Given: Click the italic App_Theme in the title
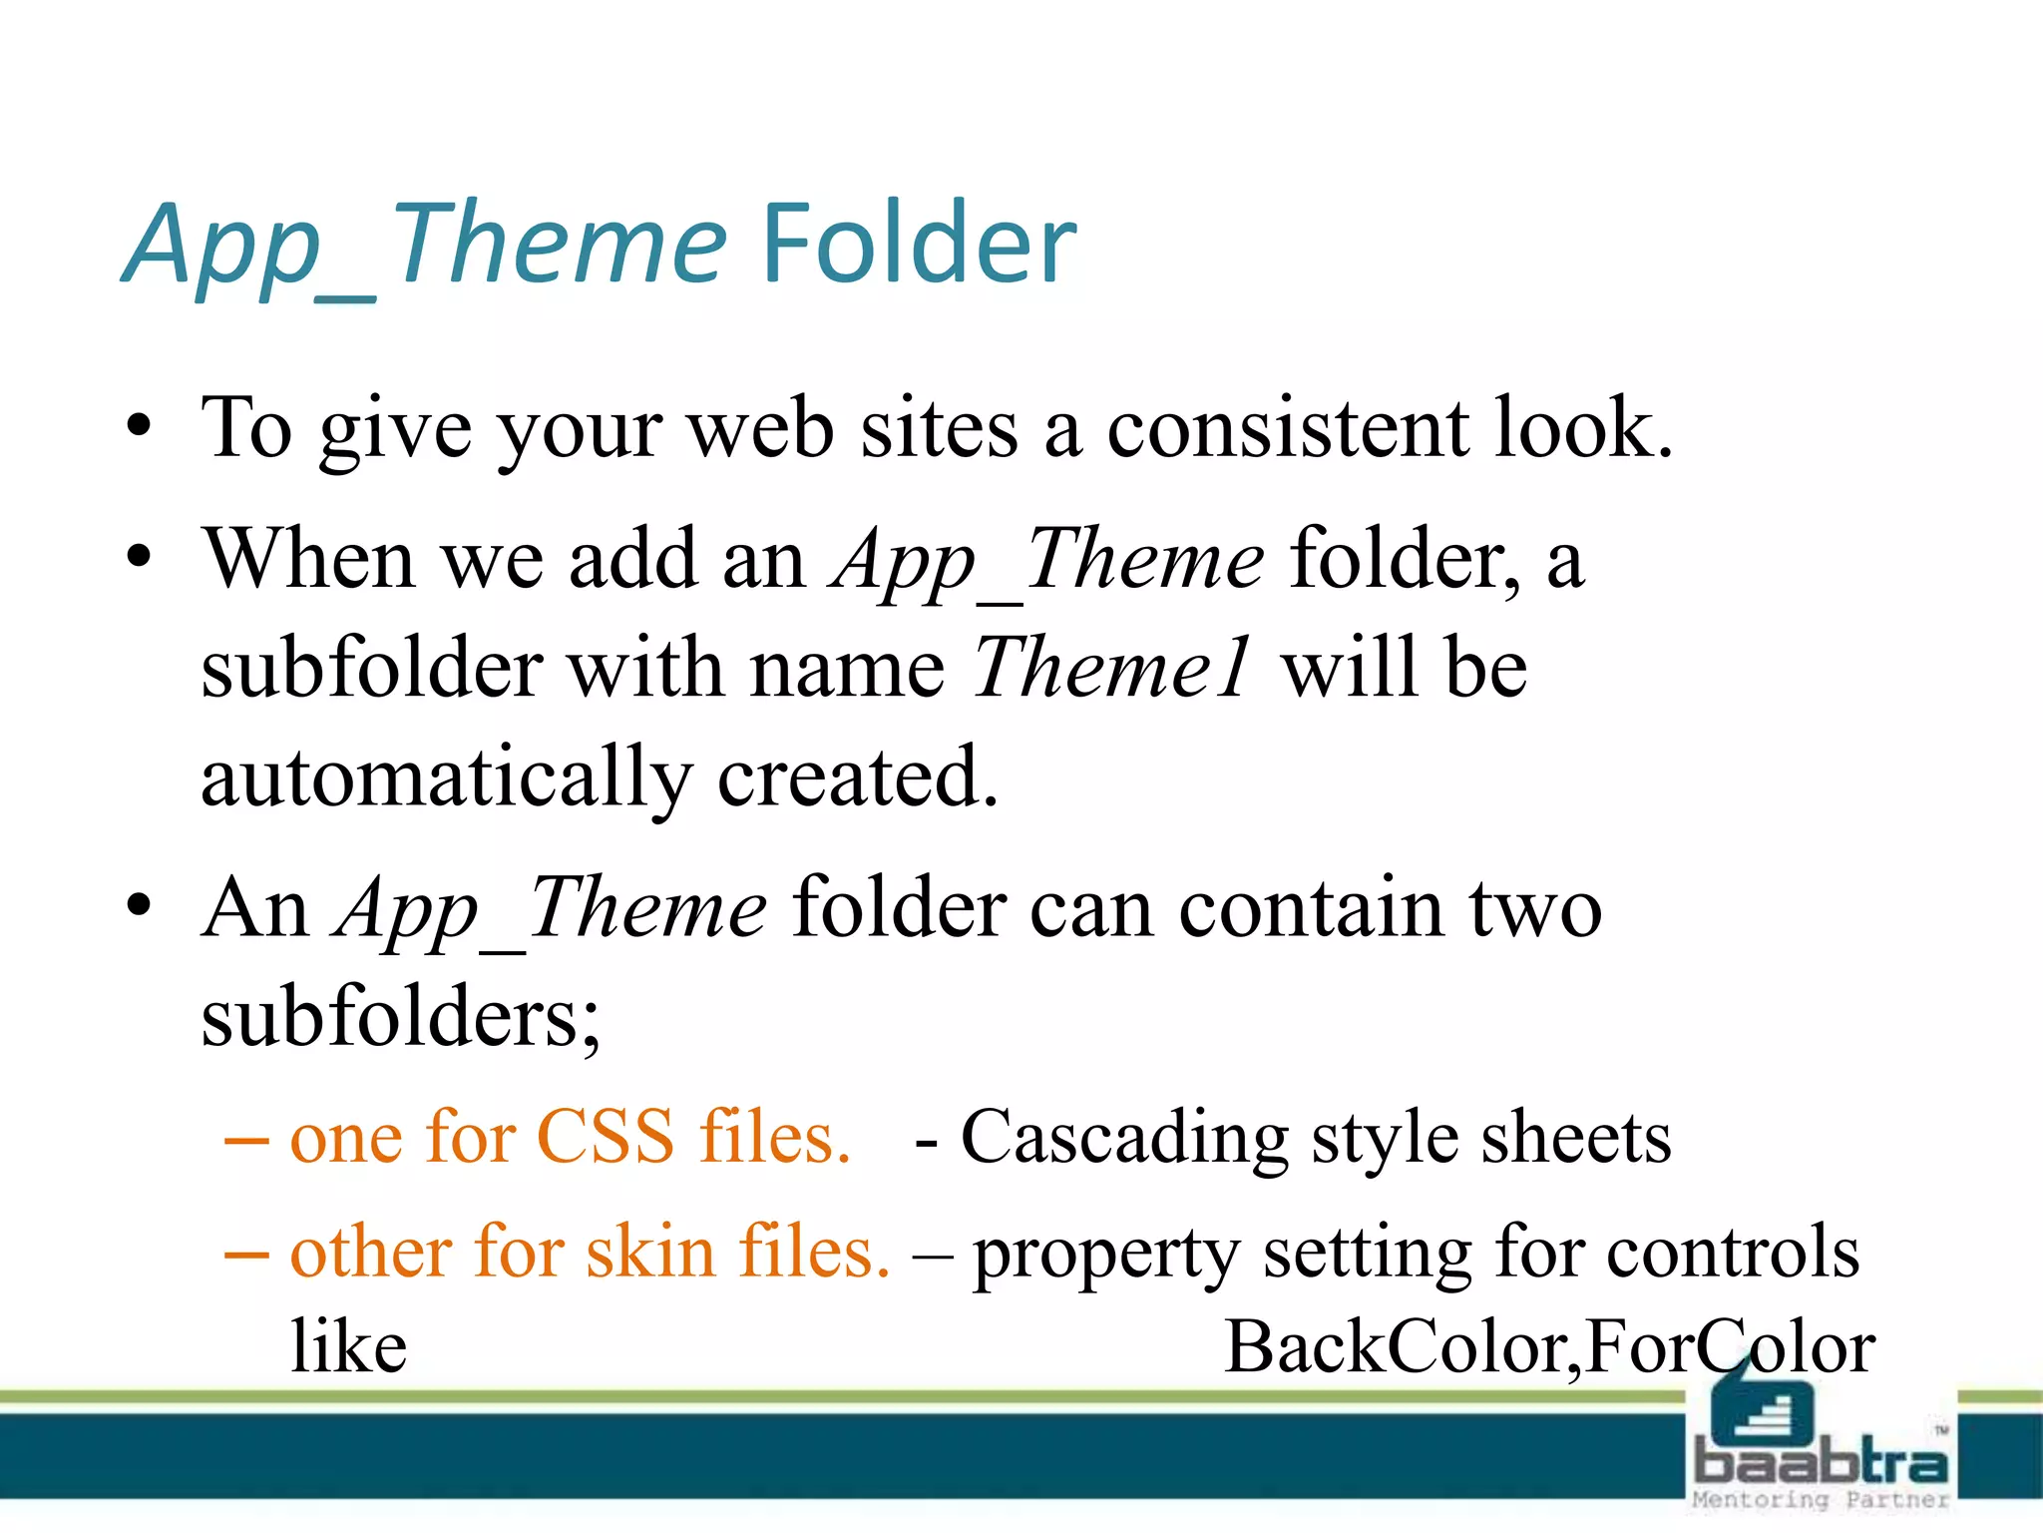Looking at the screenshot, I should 424,245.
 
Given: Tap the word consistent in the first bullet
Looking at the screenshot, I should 1287,429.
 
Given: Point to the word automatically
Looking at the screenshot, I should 446,778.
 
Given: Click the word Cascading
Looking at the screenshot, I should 1124,1138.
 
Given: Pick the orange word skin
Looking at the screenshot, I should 649,1253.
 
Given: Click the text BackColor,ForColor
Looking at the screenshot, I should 1549,1347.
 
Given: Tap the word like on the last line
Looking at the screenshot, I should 348,1347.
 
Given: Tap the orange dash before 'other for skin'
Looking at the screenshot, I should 246,1254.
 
